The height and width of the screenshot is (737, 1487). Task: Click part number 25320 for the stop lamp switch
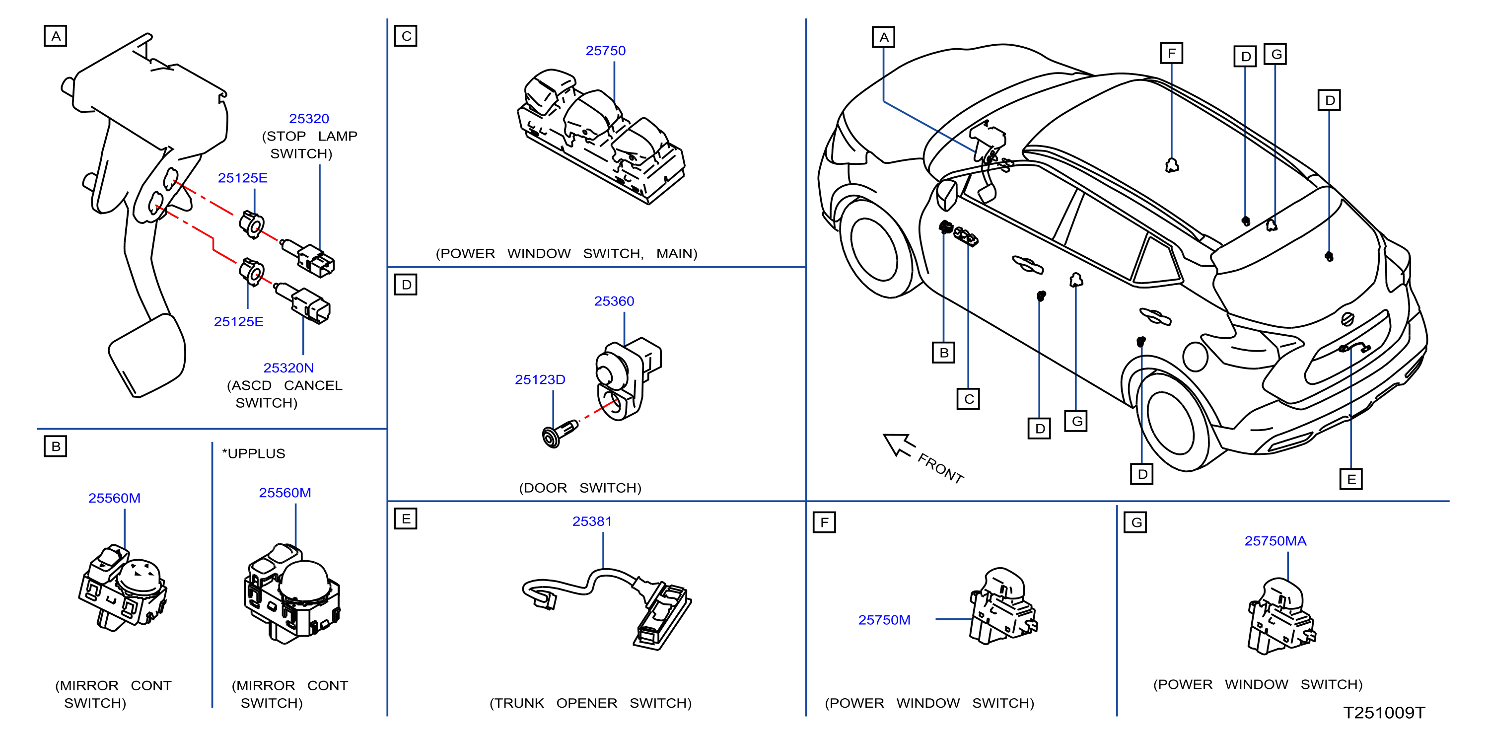(309, 118)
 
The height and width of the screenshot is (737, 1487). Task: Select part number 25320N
(288, 368)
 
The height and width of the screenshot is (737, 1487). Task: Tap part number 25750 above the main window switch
(606, 51)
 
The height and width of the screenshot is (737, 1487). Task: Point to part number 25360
(614, 301)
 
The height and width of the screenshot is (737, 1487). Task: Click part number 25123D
(540, 379)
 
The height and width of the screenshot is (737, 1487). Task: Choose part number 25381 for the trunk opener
(592, 521)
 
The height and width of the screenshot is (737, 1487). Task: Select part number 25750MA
(1275, 541)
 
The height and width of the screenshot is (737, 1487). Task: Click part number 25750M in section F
(884, 620)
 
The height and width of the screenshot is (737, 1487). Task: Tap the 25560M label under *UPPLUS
(285, 493)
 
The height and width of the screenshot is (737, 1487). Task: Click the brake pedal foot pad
(146, 355)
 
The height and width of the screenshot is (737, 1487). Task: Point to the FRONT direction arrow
(899, 445)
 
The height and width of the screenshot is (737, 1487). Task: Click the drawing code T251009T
(1384, 713)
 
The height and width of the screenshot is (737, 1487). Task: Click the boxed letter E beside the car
(1351, 479)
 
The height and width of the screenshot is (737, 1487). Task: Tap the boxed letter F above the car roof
(1171, 53)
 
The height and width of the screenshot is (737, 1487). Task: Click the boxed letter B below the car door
(944, 352)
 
